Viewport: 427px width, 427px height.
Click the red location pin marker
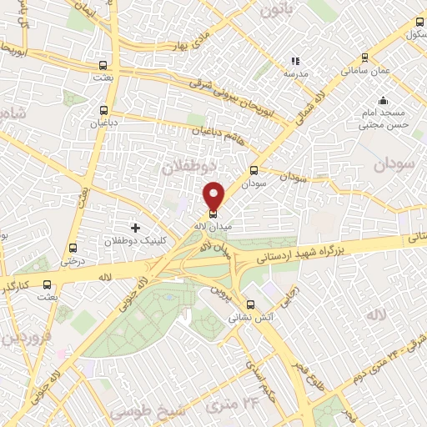(x=214, y=194)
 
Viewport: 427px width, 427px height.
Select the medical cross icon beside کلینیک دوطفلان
(x=135, y=227)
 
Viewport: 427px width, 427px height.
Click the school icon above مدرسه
(x=294, y=61)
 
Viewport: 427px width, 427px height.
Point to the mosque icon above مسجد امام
(x=383, y=101)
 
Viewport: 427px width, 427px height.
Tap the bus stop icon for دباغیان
(x=104, y=109)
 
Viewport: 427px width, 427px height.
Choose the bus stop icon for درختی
(x=73, y=248)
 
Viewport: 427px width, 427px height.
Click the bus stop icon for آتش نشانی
(x=251, y=304)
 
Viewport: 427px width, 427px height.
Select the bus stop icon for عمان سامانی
(x=364, y=58)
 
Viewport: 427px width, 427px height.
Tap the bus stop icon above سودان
(x=254, y=169)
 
